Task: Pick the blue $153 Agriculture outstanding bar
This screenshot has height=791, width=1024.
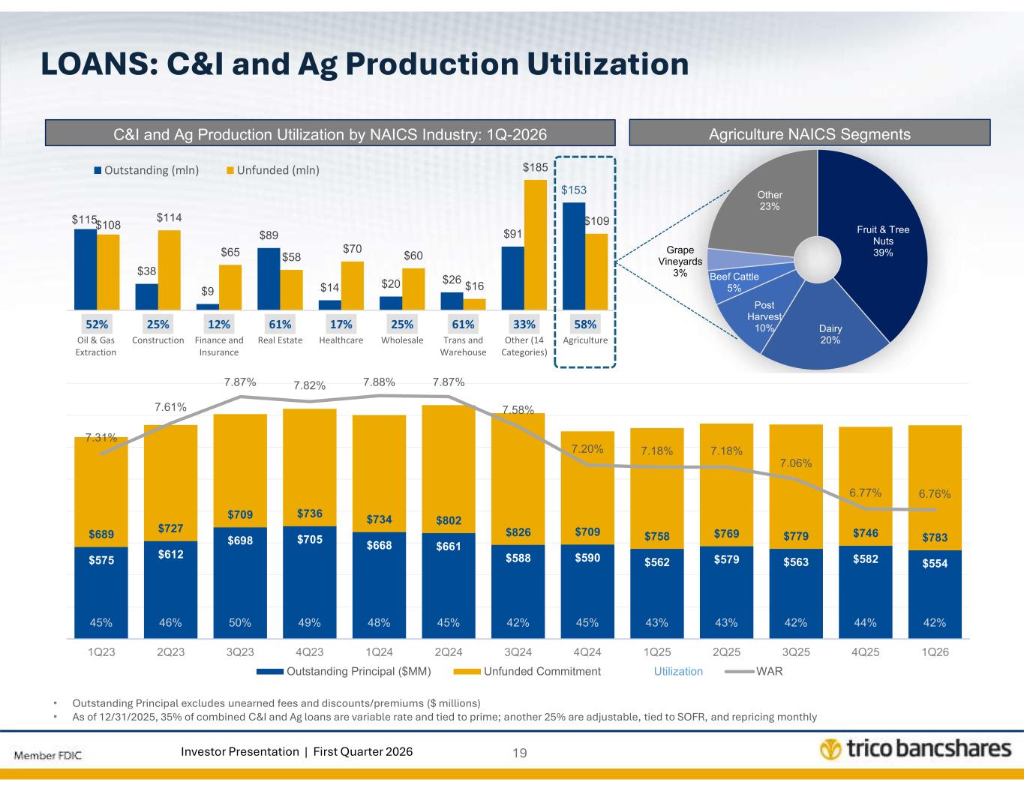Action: tap(574, 256)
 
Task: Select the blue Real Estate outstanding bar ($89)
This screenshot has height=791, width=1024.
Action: tap(269, 278)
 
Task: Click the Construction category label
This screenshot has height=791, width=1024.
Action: tap(158, 340)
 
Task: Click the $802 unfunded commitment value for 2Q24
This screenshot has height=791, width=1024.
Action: tap(449, 520)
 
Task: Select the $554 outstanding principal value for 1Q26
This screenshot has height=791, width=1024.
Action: tap(934, 563)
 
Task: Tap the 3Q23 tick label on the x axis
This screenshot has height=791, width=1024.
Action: tap(240, 652)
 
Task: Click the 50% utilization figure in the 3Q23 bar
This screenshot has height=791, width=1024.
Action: tap(240, 622)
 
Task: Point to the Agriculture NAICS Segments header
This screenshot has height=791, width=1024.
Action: tap(809, 134)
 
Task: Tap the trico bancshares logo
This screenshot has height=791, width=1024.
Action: tap(914, 750)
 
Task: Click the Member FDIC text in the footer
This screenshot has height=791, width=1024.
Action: tap(47, 754)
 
